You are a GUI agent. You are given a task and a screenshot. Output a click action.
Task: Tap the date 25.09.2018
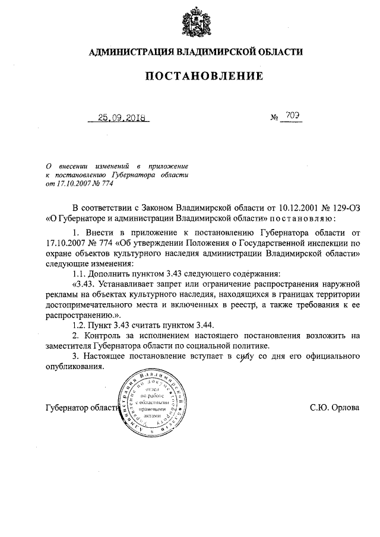[118, 117]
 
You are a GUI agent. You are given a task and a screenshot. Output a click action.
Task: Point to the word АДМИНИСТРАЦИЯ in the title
[129, 52]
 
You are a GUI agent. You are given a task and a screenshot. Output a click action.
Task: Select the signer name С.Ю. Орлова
[334, 408]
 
